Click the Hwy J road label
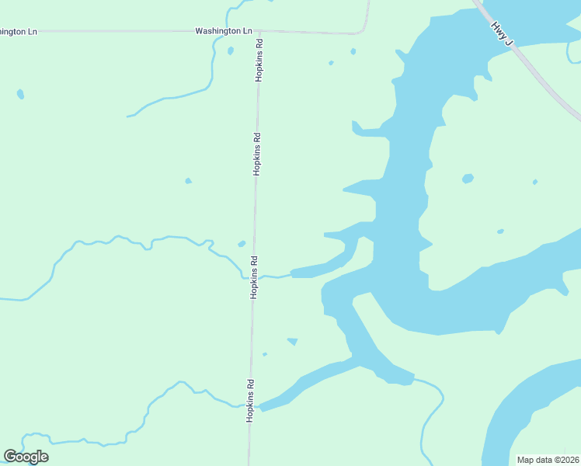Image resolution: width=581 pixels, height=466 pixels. [500, 33]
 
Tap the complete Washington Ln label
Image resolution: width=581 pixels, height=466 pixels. [224, 31]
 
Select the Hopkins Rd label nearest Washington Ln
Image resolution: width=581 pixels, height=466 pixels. [259, 61]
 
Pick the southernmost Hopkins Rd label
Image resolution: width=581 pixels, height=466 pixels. [251, 400]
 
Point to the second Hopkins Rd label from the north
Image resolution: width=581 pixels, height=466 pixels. [257, 154]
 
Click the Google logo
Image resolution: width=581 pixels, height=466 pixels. [26, 457]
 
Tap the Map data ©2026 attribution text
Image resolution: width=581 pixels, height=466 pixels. [548, 460]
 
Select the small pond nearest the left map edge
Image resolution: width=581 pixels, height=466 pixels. [20, 94]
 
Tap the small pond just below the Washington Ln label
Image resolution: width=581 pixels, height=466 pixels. [231, 51]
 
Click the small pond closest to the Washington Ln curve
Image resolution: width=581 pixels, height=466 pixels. [353, 51]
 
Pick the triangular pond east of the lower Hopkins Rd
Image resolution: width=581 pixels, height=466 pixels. [293, 340]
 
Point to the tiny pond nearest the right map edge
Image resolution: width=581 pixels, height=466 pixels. [534, 182]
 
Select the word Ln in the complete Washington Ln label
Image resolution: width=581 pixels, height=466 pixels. [247, 31]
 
